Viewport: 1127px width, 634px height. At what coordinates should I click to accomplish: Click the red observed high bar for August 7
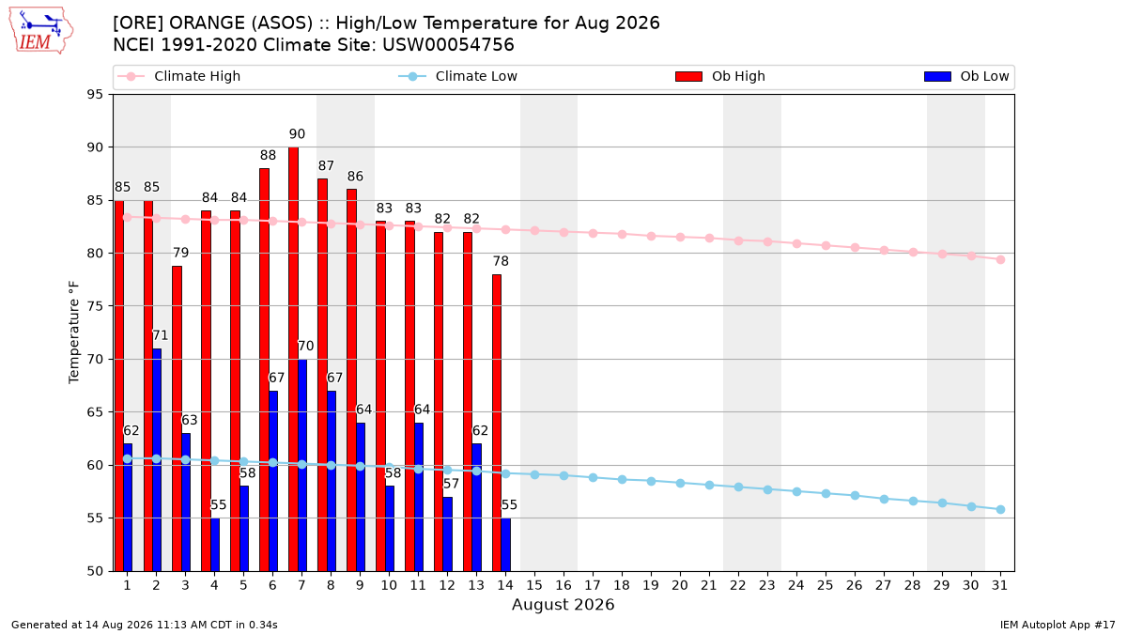click(293, 359)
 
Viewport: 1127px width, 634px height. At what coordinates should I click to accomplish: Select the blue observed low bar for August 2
click(157, 460)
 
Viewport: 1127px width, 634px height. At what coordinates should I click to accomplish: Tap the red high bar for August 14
click(497, 423)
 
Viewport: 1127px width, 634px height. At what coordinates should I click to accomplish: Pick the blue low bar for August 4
click(215, 545)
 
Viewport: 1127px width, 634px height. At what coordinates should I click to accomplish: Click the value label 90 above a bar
click(297, 133)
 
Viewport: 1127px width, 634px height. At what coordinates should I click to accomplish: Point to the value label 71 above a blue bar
click(160, 335)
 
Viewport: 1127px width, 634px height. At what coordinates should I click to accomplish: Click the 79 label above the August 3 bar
click(180, 253)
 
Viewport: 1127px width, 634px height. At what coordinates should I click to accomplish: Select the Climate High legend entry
click(178, 76)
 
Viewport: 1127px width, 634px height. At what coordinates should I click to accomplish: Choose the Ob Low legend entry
click(966, 76)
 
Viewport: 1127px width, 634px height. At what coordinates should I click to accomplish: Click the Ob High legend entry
click(720, 76)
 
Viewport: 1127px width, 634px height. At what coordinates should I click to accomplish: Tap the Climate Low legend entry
click(457, 76)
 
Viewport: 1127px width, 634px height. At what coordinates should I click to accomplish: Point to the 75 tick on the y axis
click(95, 306)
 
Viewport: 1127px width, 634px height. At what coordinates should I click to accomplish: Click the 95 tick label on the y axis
click(95, 95)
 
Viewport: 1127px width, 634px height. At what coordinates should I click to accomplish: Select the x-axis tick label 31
click(999, 585)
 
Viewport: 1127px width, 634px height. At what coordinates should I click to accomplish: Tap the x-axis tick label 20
click(680, 585)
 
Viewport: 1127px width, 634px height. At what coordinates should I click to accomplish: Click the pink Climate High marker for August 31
click(1000, 259)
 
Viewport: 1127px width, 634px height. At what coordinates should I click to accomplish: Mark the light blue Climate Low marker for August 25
click(826, 494)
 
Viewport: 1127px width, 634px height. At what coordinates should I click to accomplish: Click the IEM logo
click(41, 31)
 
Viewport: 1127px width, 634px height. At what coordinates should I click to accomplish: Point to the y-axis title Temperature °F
click(74, 332)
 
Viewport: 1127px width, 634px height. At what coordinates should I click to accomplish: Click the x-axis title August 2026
click(563, 604)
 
